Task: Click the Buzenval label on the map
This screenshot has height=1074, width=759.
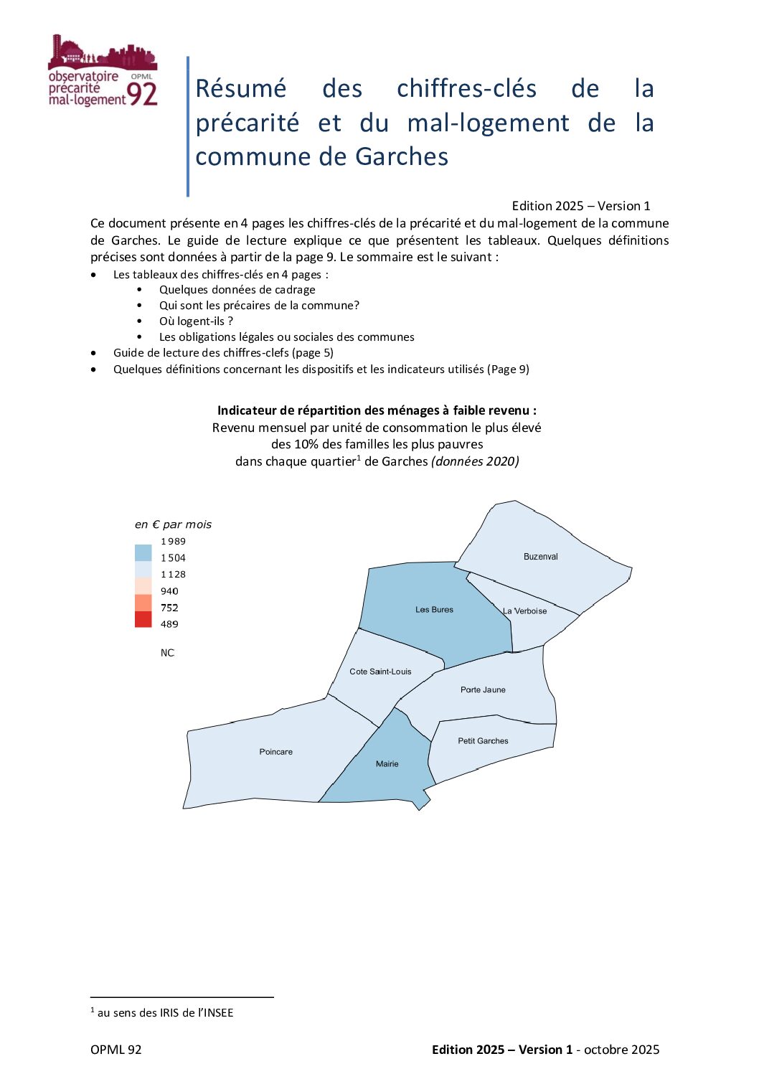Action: pyautogui.click(x=540, y=557)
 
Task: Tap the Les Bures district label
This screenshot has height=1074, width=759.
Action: pyautogui.click(x=434, y=610)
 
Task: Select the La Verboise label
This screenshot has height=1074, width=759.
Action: pyautogui.click(x=525, y=611)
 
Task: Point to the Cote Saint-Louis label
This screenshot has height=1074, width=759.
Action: pyautogui.click(x=380, y=672)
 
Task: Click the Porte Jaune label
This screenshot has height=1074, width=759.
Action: pyautogui.click(x=483, y=689)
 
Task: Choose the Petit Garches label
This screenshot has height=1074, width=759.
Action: pyautogui.click(x=483, y=741)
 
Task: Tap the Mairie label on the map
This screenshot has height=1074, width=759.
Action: pyautogui.click(x=387, y=764)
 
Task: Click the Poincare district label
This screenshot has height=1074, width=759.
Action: pyautogui.click(x=275, y=752)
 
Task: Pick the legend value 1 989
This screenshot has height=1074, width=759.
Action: pyautogui.click(x=173, y=542)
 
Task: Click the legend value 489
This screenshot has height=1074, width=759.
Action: pyautogui.click(x=169, y=624)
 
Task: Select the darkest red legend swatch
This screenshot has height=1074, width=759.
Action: pyautogui.click(x=143, y=619)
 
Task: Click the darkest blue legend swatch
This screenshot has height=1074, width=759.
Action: pyautogui.click(x=143, y=552)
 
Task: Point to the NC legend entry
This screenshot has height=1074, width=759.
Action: pyautogui.click(x=167, y=653)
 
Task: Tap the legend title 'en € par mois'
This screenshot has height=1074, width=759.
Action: pyautogui.click(x=173, y=524)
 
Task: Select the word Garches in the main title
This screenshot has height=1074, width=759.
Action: pyautogui.click(x=402, y=156)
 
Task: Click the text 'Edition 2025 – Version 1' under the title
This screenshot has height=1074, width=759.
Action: pyautogui.click(x=580, y=206)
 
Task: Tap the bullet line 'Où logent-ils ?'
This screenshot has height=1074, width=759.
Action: pyautogui.click(x=196, y=321)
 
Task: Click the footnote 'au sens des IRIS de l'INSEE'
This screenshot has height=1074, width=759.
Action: pyautogui.click(x=165, y=1012)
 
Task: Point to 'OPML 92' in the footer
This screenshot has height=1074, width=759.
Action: pyautogui.click(x=116, y=1050)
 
